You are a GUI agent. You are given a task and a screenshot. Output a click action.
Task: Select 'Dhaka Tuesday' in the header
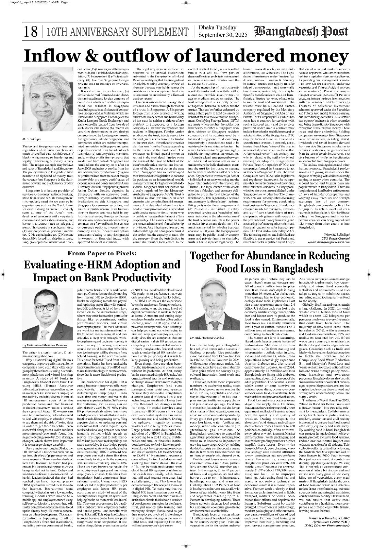click(x=217, y=28)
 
